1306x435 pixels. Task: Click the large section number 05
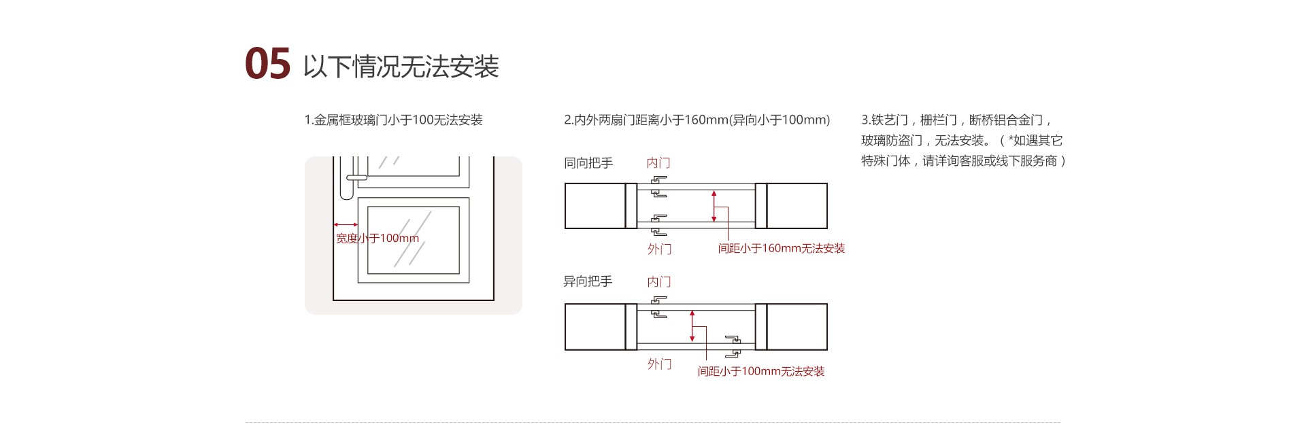point(267,65)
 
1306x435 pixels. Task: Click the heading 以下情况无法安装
point(401,67)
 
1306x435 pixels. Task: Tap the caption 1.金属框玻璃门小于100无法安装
point(393,120)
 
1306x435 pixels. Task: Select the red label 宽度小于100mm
point(377,239)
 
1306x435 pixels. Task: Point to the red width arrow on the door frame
point(346,224)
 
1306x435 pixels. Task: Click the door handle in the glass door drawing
point(356,177)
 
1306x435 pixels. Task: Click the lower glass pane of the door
point(414,240)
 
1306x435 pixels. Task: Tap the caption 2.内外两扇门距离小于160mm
point(697,120)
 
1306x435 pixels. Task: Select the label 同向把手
point(588,163)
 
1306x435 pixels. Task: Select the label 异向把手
point(588,281)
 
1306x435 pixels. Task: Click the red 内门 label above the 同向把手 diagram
point(658,163)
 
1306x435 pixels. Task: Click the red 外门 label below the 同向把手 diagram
point(659,249)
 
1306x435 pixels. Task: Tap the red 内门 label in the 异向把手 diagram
point(658,281)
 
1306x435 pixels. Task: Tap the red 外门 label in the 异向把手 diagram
point(659,364)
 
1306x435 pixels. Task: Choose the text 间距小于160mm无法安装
point(781,249)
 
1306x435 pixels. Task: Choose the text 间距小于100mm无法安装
point(760,372)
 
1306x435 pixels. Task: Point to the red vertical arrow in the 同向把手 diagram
point(714,206)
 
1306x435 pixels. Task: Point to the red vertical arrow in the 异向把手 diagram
point(692,326)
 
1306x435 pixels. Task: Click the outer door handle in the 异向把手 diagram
point(733,346)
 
